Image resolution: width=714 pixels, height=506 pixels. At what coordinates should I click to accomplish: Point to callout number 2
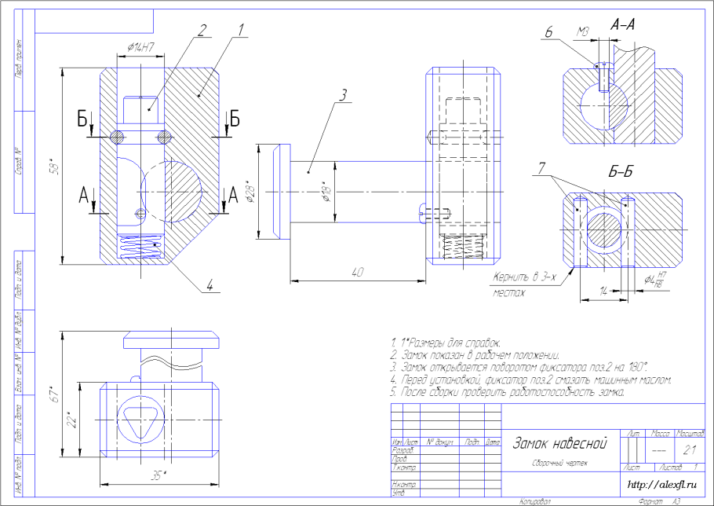click(x=202, y=31)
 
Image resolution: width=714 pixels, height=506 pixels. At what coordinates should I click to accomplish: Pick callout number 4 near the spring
click(x=209, y=285)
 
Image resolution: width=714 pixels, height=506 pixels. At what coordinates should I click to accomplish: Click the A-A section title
click(x=622, y=25)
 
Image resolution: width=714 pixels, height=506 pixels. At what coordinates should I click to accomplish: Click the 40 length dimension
click(x=357, y=272)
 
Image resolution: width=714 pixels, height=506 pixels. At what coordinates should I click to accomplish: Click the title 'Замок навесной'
click(x=559, y=443)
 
